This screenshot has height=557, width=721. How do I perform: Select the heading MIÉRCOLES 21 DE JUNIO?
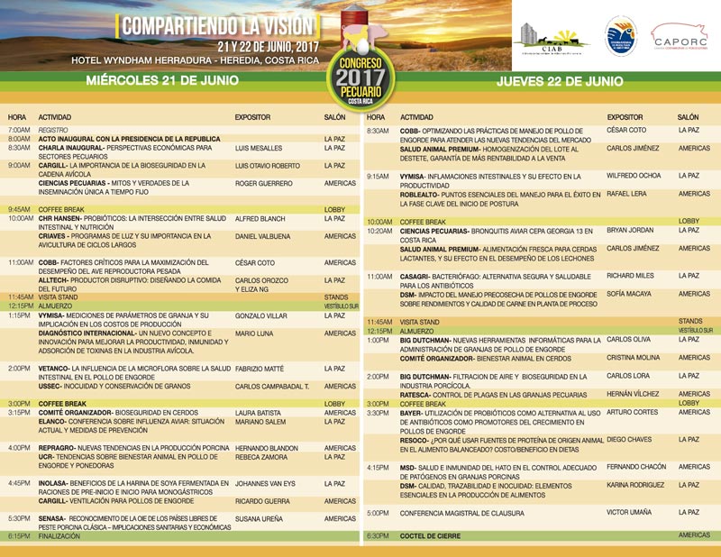pyautogui.click(x=162, y=80)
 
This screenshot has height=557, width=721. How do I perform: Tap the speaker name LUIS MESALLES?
pyautogui.click(x=258, y=147)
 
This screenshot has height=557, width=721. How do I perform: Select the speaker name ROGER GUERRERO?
pyautogui.click(x=264, y=183)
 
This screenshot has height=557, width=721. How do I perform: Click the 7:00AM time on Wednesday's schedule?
pyautogui.click(x=19, y=130)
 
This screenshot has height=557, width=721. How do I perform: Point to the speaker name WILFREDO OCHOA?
pyautogui.click(x=634, y=176)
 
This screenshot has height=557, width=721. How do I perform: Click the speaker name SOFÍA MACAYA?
pyautogui.click(x=629, y=294)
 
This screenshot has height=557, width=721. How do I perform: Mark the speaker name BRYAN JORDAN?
pyautogui.click(x=630, y=230)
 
